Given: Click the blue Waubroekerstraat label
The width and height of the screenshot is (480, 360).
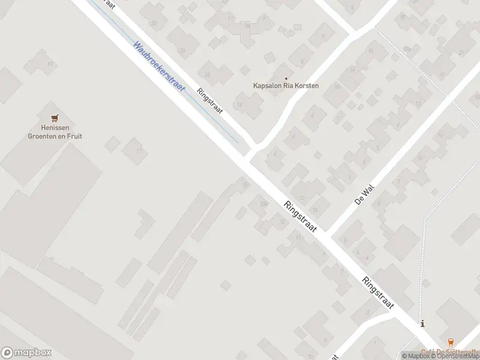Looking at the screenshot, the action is pos(160,66).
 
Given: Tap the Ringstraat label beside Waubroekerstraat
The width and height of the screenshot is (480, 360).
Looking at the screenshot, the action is pos(209,102).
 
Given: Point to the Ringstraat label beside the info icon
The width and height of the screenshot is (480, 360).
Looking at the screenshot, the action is pos(377,293).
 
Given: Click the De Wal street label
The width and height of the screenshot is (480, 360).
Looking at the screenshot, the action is pos(364,194).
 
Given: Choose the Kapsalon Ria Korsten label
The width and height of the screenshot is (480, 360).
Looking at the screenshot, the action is pos(286,86).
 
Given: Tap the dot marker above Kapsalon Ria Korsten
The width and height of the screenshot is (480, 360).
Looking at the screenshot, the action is pos(286,77).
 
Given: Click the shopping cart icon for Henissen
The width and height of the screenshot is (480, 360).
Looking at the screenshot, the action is pos(55,118).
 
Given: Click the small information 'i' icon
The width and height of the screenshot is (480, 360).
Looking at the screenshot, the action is pos(424,324).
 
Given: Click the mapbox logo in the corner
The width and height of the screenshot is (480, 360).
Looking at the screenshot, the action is pos(26,352).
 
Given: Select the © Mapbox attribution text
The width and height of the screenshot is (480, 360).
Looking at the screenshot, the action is pos(415,356).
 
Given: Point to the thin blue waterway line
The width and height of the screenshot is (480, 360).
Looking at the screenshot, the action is pos(180,90).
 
